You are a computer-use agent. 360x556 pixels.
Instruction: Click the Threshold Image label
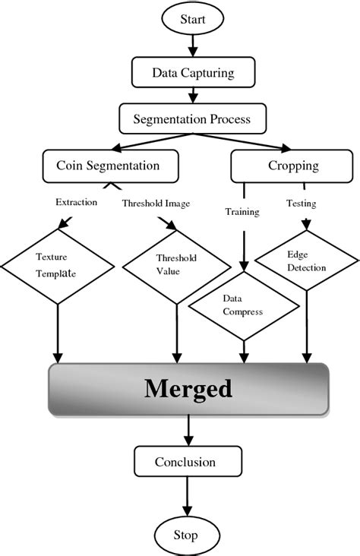click(x=156, y=203)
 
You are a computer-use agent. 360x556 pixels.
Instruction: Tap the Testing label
click(x=301, y=204)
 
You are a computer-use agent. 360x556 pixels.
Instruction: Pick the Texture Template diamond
click(x=58, y=267)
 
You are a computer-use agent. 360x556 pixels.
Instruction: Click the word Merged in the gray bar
click(x=188, y=390)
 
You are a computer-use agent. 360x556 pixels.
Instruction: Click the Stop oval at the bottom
click(x=187, y=535)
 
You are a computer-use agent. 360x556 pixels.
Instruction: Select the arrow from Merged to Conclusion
click(x=188, y=431)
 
